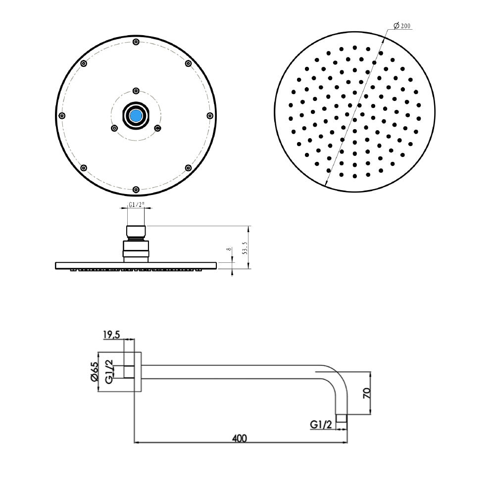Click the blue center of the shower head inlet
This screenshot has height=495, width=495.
tap(136, 116)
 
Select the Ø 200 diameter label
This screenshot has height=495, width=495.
tap(402, 26)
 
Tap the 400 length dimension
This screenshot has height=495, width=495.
tap(239, 438)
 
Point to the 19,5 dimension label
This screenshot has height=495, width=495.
tap(112, 335)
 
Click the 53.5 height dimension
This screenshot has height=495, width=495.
tap(244, 247)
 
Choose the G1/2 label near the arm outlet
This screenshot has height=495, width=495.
tap(321, 424)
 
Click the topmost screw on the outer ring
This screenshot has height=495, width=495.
tap(136, 42)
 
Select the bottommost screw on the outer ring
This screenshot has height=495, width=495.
tap(136, 189)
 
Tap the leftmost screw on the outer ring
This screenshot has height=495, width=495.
tap(62, 116)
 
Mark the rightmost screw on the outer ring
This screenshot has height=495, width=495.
tap(210, 116)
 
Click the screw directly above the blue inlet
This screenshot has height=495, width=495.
tap(136, 91)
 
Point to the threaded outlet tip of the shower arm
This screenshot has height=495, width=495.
tap(342, 419)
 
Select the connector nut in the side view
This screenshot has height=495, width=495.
tap(136, 249)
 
